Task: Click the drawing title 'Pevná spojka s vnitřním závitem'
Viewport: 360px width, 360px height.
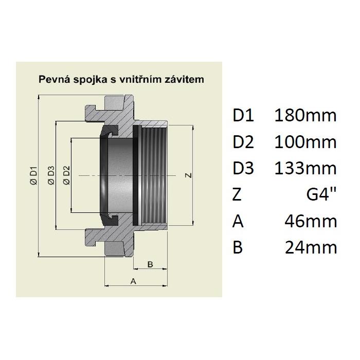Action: [122, 79]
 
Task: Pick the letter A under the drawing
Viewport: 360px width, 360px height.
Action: [133, 281]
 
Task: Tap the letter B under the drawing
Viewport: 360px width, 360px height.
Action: [150, 264]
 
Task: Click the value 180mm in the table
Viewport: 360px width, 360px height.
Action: [305, 115]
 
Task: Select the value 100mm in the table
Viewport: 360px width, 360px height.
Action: [305, 142]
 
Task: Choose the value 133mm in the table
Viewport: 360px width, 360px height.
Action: [305, 168]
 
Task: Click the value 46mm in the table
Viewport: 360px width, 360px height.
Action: [311, 221]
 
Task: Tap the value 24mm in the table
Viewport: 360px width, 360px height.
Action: [311, 248]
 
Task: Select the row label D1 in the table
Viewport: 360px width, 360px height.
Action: [243, 115]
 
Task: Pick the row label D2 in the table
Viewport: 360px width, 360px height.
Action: [243, 142]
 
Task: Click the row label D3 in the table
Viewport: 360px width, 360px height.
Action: [243, 168]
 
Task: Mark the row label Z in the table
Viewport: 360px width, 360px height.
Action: [237, 195]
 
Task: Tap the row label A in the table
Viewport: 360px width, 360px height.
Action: [238, 221]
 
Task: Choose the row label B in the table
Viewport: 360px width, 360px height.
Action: [237, 248]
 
